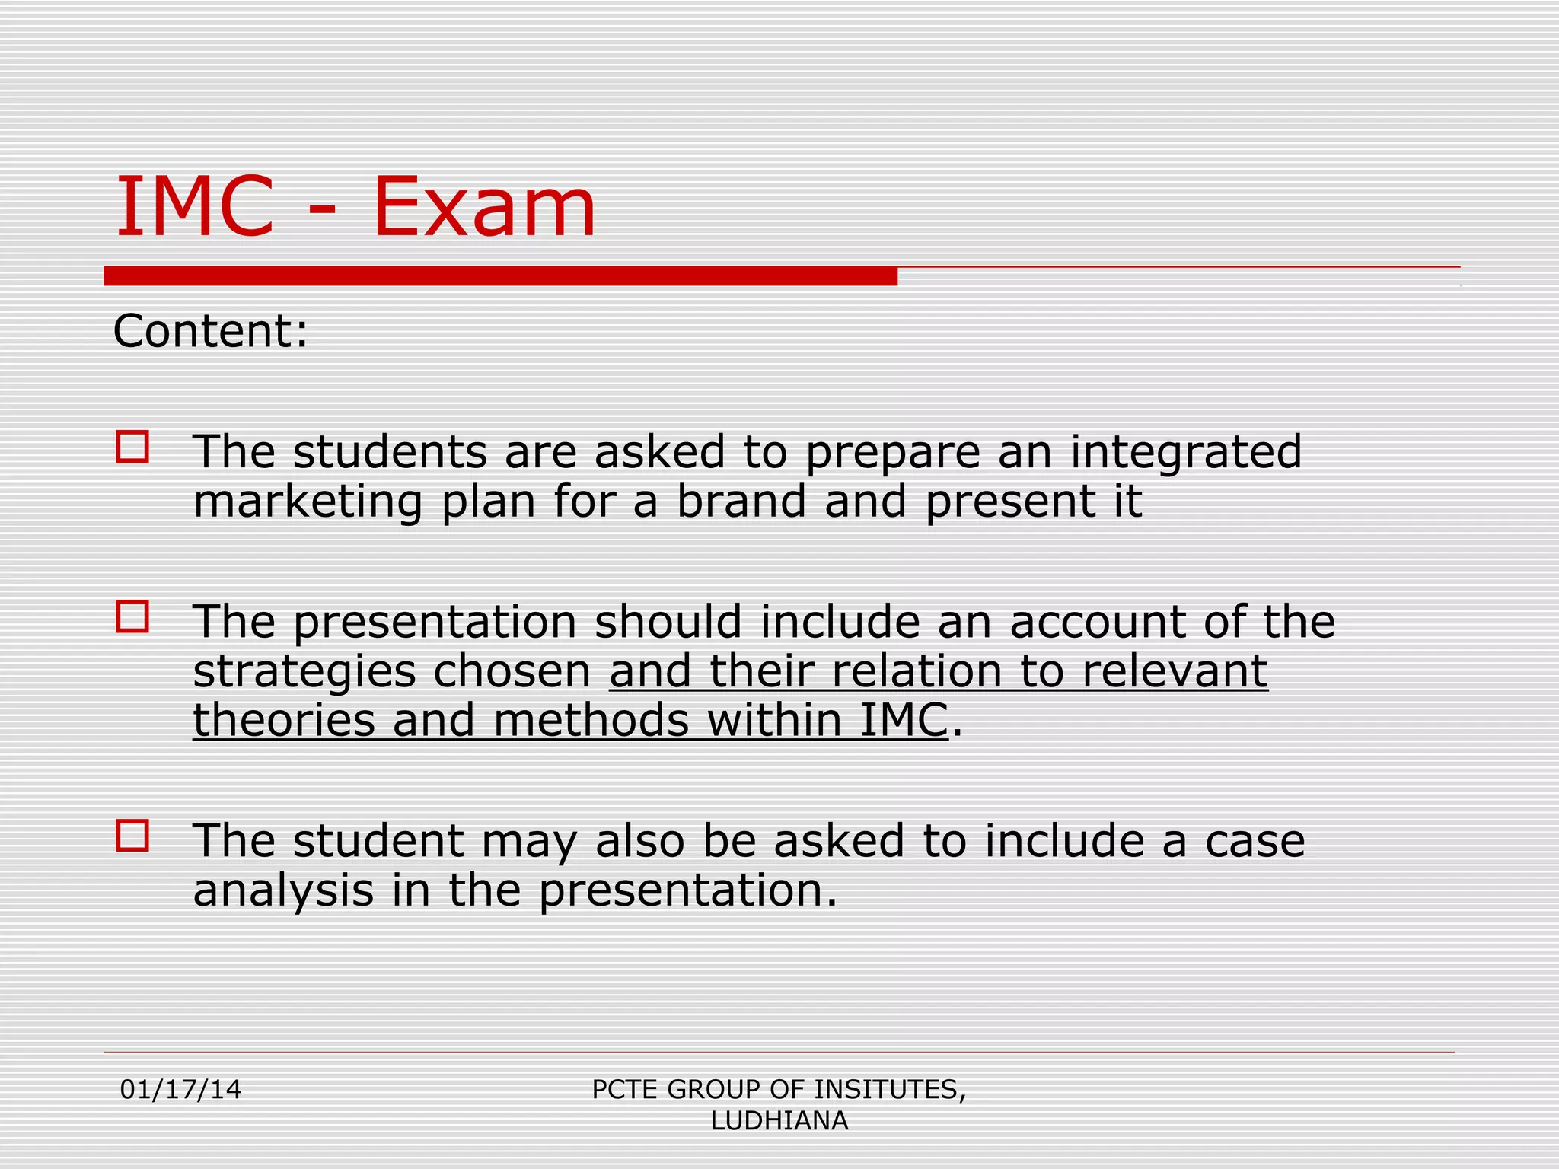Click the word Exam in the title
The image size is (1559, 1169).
point(484,207)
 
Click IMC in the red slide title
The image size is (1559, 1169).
point(194,207)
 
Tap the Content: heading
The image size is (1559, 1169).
point(211,331)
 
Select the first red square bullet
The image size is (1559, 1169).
point(132,447)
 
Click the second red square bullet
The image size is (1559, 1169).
point(132,616)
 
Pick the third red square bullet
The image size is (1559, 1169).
point(132,835)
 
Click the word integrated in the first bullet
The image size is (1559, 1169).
point(1186,452)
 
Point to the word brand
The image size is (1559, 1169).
point(741,502)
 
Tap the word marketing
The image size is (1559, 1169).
point(308,503)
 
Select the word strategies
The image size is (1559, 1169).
point(304,672)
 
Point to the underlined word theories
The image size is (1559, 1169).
point(284,720)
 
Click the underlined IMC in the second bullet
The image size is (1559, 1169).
point(904,720)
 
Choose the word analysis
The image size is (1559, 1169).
point(283,891)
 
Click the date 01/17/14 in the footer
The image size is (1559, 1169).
point(180,1090)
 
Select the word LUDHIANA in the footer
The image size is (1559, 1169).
point(779,1121)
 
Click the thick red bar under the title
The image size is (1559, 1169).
point(500,276)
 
